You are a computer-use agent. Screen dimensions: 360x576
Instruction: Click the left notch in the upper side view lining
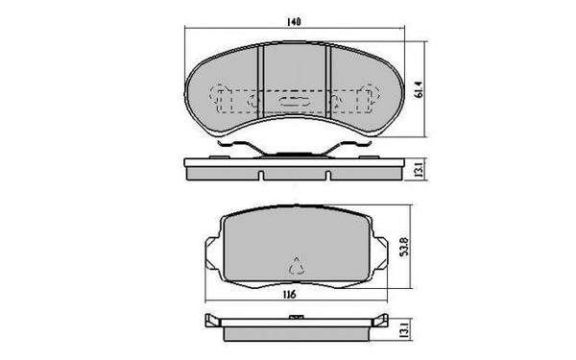pyautogui.click(x=262, y=176)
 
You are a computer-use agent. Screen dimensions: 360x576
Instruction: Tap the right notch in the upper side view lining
pyautogui.click(x=328, y=176)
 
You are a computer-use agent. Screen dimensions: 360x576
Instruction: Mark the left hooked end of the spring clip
pyautogui.click(x=223, y=145)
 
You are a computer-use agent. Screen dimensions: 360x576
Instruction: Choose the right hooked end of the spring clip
pyautogui.click(x=366, y=145)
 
